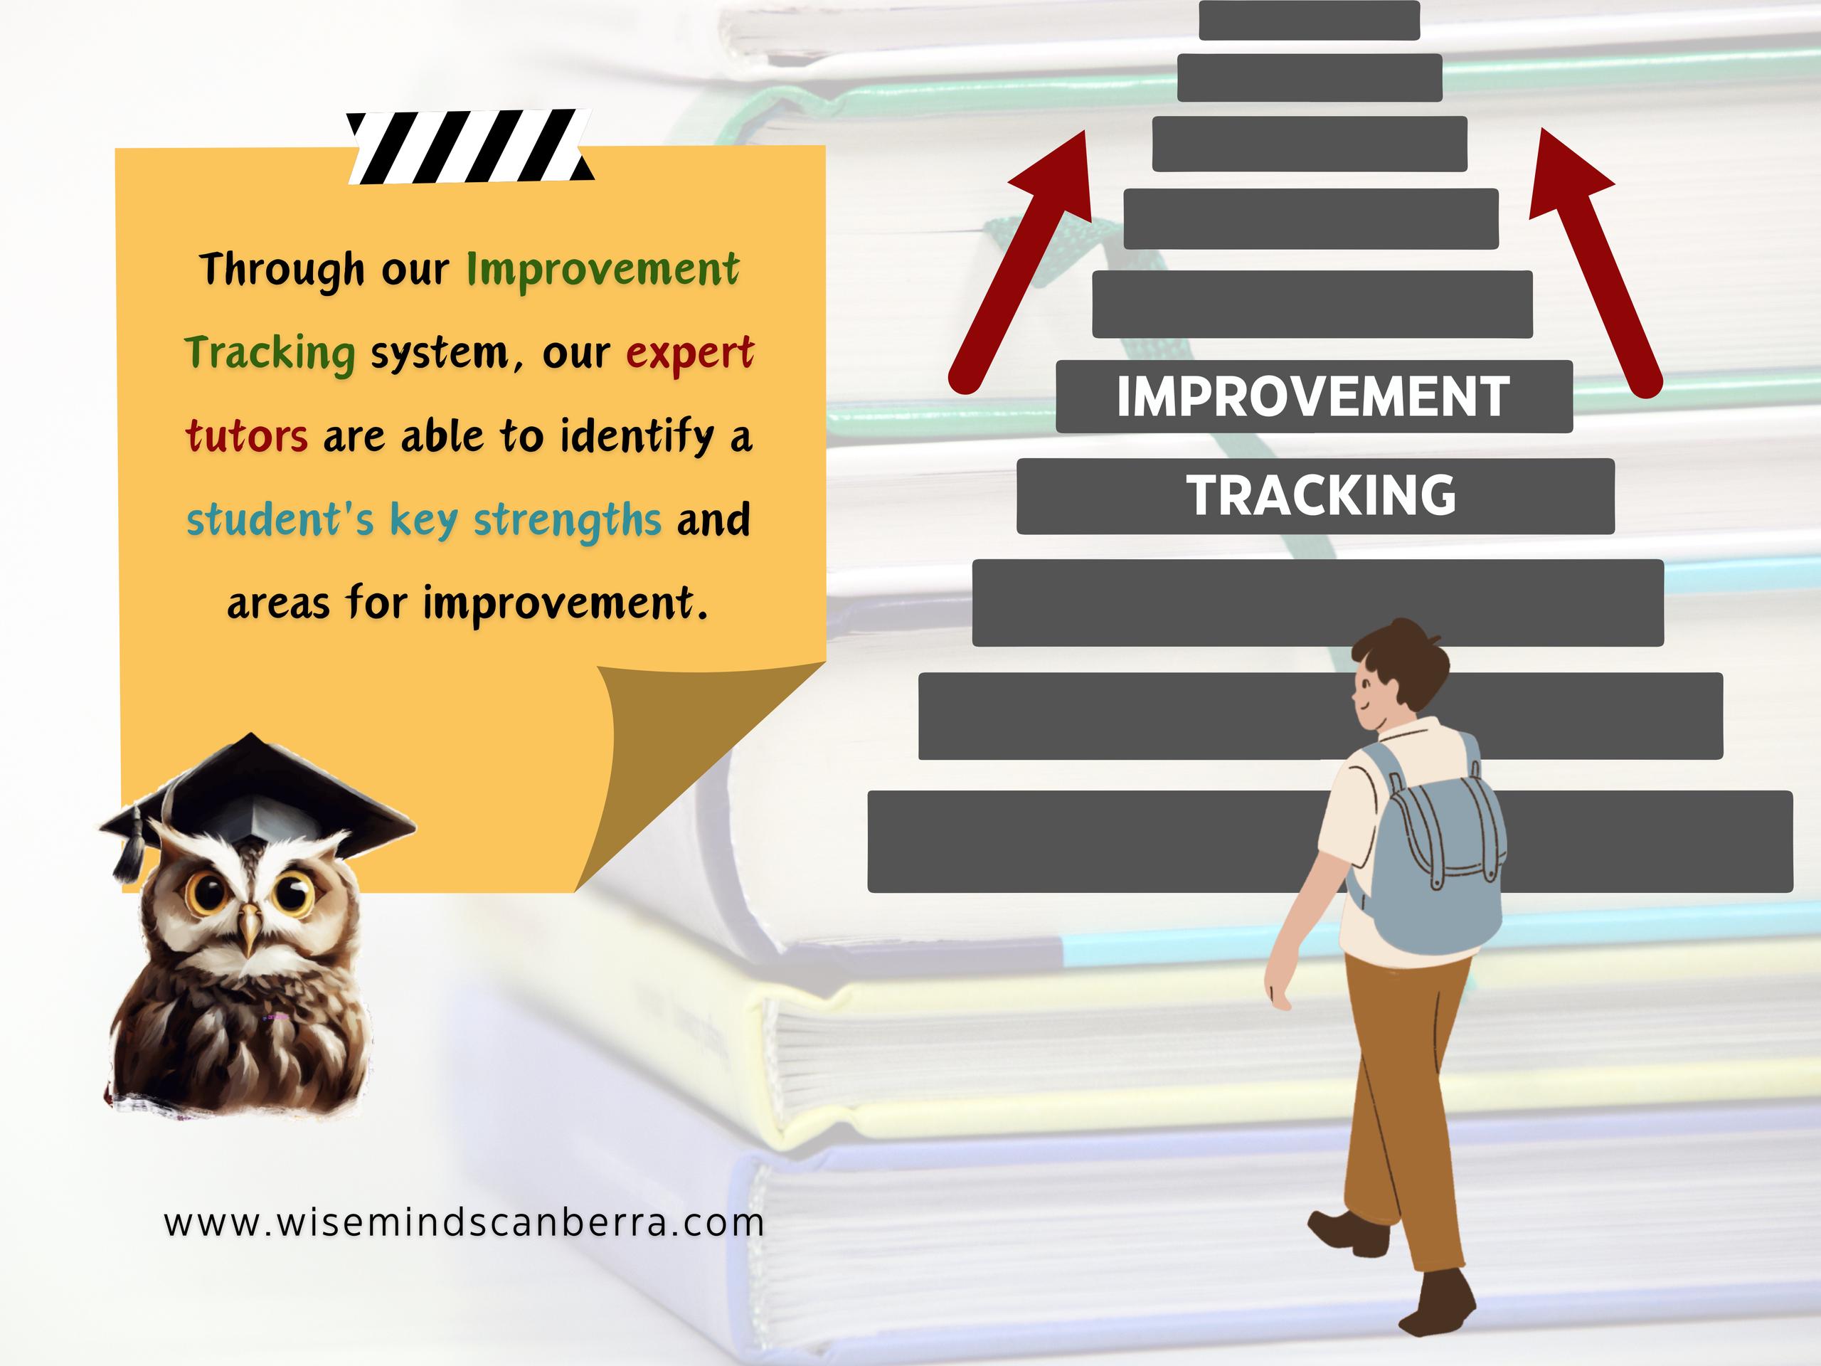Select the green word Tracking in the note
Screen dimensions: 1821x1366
[x=270, y=353]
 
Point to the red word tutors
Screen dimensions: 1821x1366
[x=247, y=435]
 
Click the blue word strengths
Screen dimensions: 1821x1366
[x=567, y=520]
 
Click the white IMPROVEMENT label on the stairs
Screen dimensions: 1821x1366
[x=1313, y=397]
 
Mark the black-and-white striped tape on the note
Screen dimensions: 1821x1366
[x=469, y=147]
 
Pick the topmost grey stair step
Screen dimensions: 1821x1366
[x=1309, y=20]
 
